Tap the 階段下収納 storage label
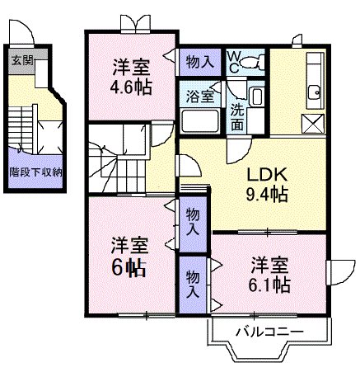point(35,173)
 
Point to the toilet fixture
point(253,61)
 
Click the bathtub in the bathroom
point(201,122)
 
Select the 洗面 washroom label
point(237,117)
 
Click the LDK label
point(267,175)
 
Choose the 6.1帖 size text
point(270,285)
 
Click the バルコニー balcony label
point(269,332)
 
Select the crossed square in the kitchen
point(314,125)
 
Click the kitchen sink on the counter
point(313,91)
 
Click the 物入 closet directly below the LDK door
point(193,220)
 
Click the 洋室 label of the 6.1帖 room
point(270,266)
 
